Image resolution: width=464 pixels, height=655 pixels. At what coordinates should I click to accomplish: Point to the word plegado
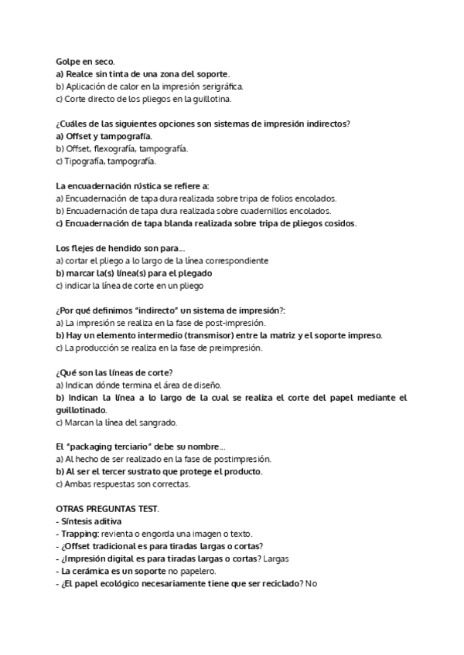(194, 273)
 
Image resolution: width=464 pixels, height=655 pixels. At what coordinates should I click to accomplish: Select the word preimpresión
(235, 348)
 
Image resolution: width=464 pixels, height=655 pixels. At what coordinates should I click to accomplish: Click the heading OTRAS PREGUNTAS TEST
(107, 510)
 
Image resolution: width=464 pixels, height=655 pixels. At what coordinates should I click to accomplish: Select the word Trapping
(79, 535)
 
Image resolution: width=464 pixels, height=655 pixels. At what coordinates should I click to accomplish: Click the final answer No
(312, 584)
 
